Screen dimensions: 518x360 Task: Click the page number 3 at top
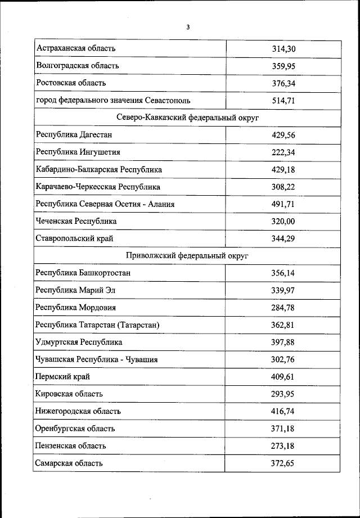tap(188, 26)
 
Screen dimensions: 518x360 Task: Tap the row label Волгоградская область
tap(77, 66)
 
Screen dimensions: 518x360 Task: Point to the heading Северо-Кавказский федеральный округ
tap(187, 118)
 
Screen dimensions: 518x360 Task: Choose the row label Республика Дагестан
tap(74, 135)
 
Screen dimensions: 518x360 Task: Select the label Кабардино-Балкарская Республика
tap(98, 169)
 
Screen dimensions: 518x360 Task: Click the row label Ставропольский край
tap(74, 238)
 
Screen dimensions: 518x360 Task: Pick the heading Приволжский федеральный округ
tap(187, 256)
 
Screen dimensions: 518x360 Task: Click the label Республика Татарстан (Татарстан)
tap(97, 325)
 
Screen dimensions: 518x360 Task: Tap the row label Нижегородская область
tap(78, 411)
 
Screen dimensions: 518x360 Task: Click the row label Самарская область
tap(69, 463)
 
